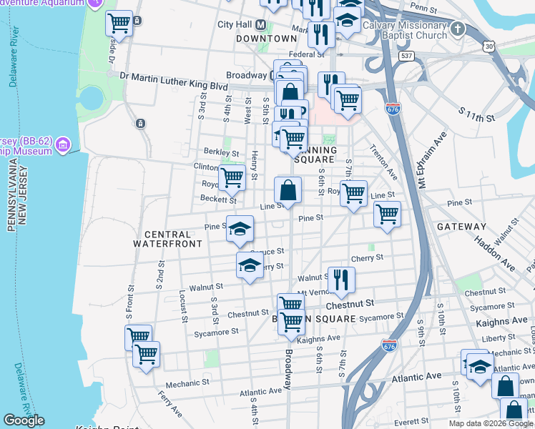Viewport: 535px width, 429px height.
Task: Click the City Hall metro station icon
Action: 261,24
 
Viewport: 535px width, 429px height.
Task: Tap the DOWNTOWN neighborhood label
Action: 266,39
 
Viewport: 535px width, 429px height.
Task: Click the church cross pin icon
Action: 458,29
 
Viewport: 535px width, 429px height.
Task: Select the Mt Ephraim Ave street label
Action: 432,161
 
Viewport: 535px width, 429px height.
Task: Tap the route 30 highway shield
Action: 489,46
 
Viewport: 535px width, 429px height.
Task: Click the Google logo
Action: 24,420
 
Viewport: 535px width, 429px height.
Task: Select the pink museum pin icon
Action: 64,145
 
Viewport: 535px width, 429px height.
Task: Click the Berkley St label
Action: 220,152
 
